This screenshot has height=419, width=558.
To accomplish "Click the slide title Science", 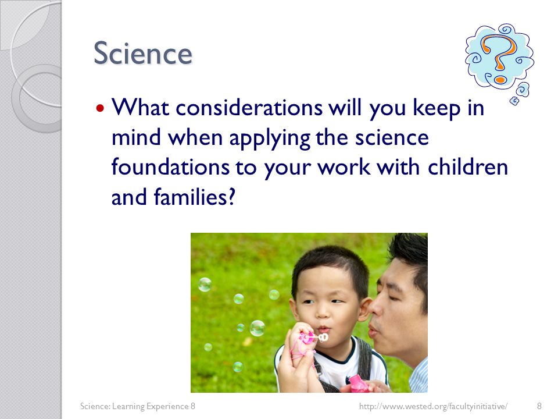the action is click(x=143, y=54).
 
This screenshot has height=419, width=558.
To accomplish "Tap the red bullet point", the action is click(x=101, y=107).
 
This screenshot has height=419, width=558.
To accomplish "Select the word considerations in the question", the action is click(x=249, y=107).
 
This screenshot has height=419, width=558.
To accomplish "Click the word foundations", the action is click(x=170, y=167).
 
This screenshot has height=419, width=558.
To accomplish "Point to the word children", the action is click(x=467, y=167).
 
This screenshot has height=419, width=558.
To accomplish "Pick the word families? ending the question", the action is click(x=195, y=197).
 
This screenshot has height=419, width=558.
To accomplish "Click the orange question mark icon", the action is click(x=499, y=59).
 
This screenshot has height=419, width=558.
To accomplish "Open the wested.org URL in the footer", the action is click(x=433, y=406).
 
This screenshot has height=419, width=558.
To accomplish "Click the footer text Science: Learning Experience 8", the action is click(x=137, y=406).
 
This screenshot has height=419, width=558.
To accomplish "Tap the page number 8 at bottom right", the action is click(x=539, y=406).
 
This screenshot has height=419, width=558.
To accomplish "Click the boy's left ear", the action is click(x=364, y=308).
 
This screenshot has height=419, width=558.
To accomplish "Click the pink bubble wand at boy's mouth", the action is click(x=313, y=337).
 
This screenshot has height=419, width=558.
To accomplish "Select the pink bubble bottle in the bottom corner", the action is click(x=359, y=384).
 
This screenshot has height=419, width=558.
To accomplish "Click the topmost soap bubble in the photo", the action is click(x=205, y=285).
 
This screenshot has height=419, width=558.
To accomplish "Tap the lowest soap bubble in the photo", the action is click(x=238, y=367).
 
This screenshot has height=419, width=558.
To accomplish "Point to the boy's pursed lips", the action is click(x=324, y=328).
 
